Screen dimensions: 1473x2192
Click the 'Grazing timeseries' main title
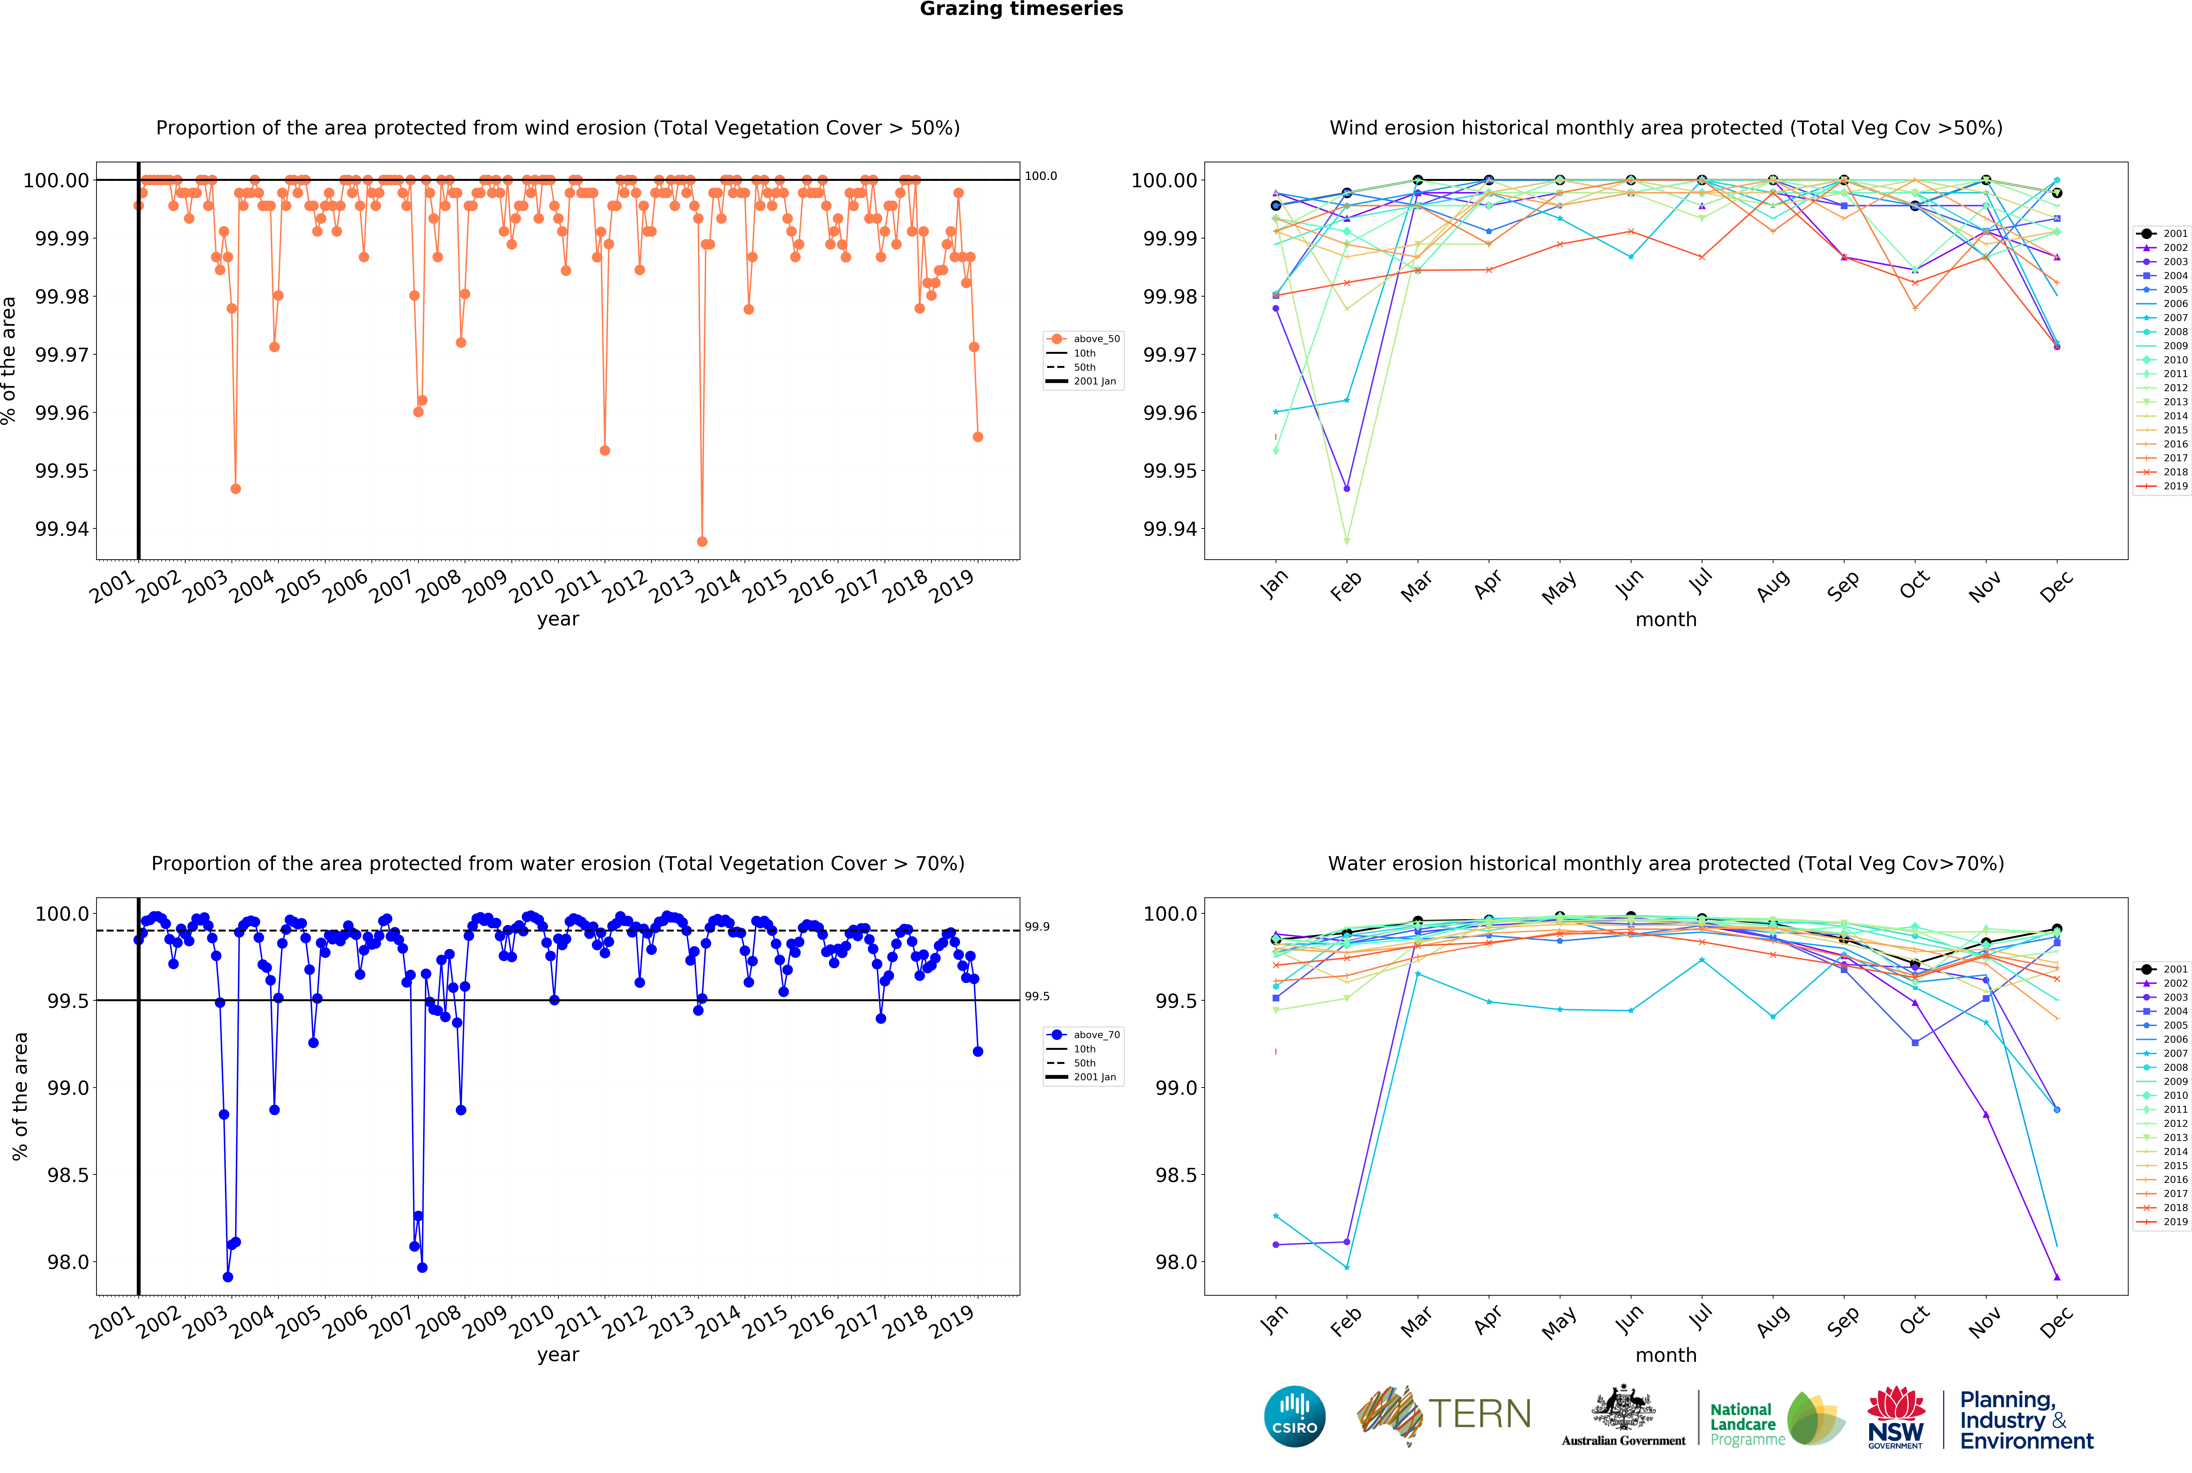1021,9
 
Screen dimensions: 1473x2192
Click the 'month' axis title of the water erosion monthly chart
1665,1355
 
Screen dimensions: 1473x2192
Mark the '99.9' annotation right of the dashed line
1037,926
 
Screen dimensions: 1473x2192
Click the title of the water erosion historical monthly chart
1665,863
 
